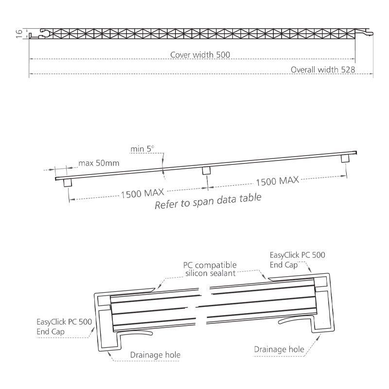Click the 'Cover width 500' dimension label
[x=200, y=54]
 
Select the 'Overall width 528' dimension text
[x=323, y=70]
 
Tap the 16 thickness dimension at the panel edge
[x=19, y=34]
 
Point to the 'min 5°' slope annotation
[x=142, y=149]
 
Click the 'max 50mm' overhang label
[x=99, y=163]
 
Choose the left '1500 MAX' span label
[x=142, y=193]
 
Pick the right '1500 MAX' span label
[x=277, y=181]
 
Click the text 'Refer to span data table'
[x=208, y=201]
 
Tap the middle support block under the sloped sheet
[x=206, y=171]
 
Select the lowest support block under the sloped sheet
[x=68, y=183]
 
